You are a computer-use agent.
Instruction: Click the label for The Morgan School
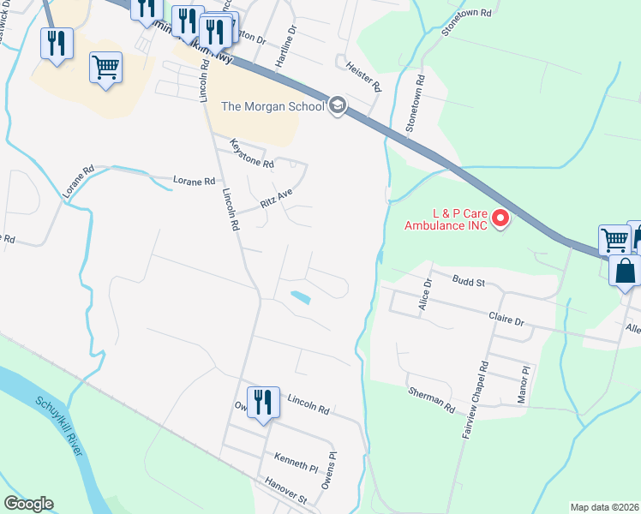click(273, 106)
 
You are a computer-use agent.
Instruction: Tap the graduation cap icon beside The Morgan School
click(338, 106)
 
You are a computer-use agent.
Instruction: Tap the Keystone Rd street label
click(252, 153)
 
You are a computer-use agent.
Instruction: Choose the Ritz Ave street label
click(277, 200)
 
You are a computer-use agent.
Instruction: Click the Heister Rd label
click(363, 75)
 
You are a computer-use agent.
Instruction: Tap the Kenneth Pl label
click(297, 463)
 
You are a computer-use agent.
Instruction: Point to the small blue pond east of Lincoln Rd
click(301, 297)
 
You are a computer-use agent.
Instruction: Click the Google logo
click(28, 504)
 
